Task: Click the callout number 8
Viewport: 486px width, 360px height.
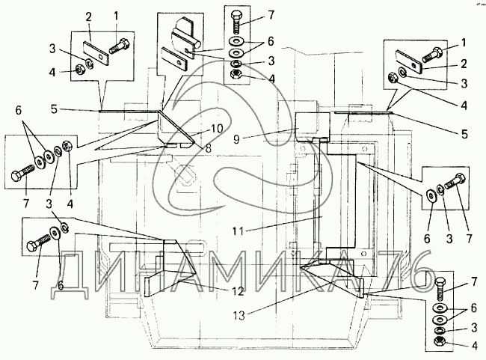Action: coord(209,147)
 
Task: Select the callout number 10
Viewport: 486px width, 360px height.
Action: coord(217,128)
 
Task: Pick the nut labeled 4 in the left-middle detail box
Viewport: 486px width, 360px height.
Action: coord(69,146)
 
